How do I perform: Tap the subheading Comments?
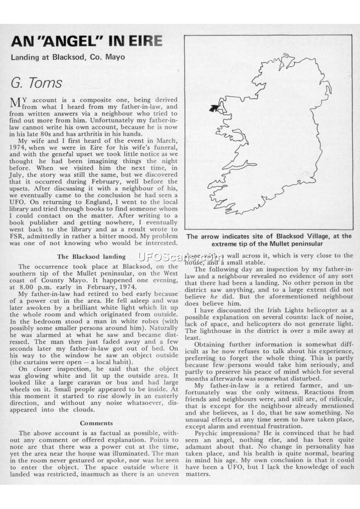[x=96, y=423]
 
